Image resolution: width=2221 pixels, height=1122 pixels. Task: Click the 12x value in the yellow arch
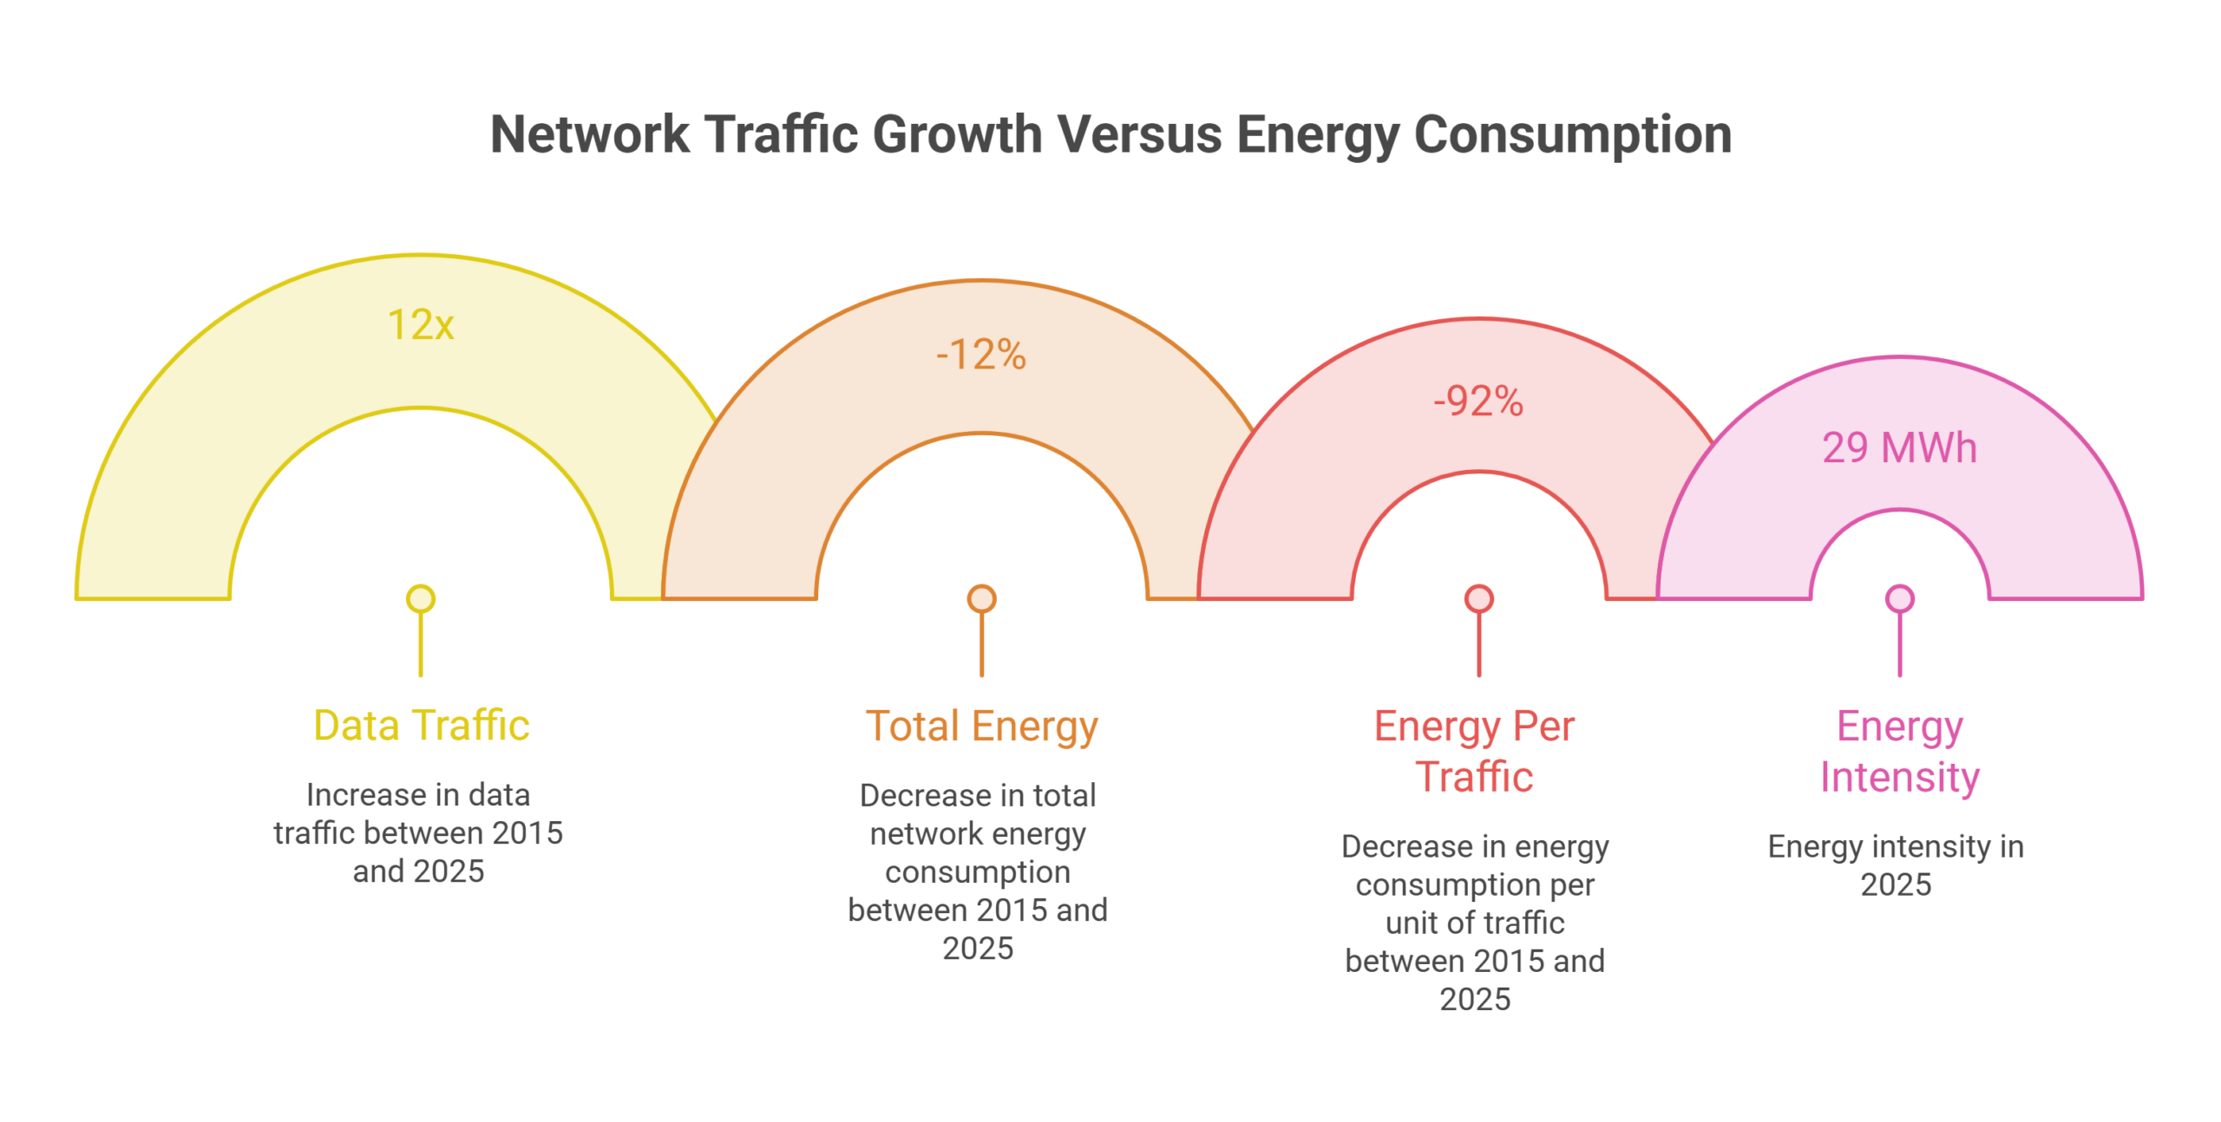click(421, 325)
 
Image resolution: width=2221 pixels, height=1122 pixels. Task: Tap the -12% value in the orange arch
click(981, 355)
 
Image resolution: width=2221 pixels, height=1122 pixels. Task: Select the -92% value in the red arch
click(1478, 401)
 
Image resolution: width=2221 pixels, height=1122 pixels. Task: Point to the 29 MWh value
click(1899, 448)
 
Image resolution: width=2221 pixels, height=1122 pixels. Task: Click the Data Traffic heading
click(421, 725)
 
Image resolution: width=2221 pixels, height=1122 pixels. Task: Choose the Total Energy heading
click(981, 727)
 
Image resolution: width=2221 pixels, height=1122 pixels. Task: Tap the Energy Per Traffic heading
click(1475, 751)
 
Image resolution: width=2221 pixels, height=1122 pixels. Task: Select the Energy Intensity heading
click(1899, 751)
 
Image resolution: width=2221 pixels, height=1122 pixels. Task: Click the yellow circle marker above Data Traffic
click(421, 599)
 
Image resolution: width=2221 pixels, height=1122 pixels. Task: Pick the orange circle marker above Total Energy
click(981, 599)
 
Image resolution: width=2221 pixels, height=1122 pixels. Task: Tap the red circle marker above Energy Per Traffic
click(1478, 599)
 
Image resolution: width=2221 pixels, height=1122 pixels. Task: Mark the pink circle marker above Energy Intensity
click(1899, 599)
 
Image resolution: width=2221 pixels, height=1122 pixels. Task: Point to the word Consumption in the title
click(1572, 136)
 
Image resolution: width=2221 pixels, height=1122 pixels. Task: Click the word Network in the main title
click(590, 134)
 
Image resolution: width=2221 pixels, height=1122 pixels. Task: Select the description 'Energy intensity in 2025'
click(1896, 865)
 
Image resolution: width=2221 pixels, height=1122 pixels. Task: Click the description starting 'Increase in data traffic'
click(418, 832)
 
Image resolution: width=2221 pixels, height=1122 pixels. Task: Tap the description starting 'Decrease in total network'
click(978, 871)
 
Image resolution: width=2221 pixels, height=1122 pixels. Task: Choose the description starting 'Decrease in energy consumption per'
click(1475, 923)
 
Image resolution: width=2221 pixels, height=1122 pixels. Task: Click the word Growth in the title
click(957, 134)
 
